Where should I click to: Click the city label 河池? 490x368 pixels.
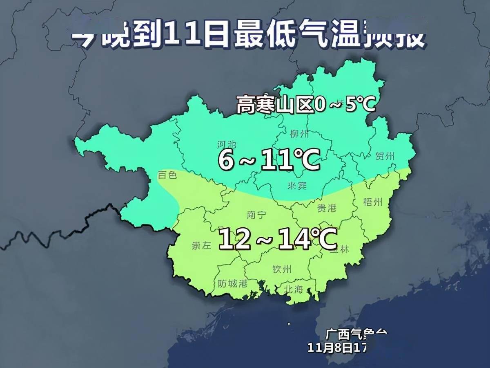click(227, 144)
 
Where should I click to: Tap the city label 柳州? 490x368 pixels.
click(299, 134)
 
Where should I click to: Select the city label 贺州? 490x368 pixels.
click(385, 156)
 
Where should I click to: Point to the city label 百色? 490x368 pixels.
click(167, 175)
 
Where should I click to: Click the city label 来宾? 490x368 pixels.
click(297, 186)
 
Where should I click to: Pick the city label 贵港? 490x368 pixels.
click(327, 208)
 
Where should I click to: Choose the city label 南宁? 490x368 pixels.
click(256, 215)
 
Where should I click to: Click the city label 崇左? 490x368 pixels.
click(201, 245)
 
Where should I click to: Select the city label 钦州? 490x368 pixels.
click(282, 269)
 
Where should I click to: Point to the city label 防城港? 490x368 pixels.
click(233, 283)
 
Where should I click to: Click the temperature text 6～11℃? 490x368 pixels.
click(268, 160)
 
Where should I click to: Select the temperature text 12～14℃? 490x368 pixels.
click(278, 239)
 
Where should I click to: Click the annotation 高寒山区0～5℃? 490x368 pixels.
click(305, 105)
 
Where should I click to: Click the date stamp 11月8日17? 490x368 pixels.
click(337, 348)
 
